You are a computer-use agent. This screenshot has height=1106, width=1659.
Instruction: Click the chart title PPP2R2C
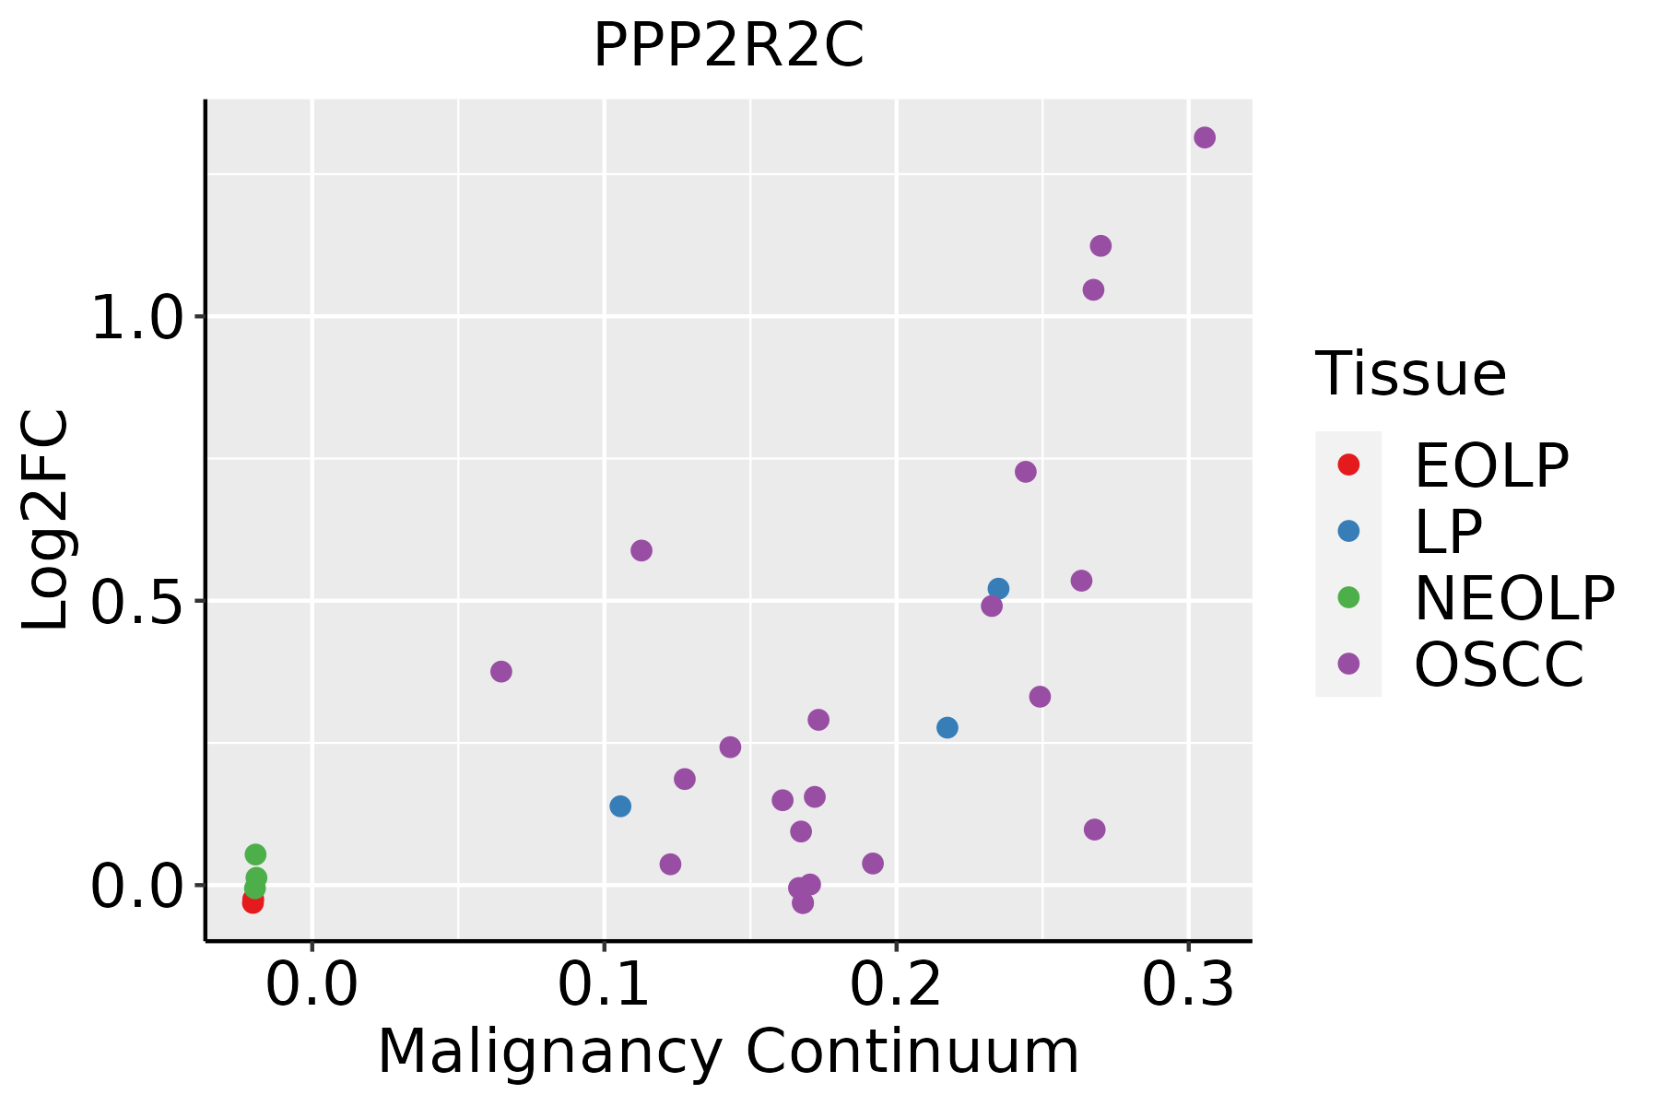tap(728, 45)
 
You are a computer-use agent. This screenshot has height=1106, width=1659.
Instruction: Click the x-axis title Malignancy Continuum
tap(728, 1053)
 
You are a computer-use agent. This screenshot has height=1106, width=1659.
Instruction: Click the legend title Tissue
tap(1411, 374)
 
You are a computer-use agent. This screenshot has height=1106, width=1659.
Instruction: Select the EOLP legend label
tap(1491, 465)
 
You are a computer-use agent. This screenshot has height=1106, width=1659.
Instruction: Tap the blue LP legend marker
tap(1348, 531)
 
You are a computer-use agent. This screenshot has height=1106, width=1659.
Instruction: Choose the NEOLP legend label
tap(1514, 598)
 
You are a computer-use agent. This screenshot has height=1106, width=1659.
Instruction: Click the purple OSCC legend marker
tap(1348, 664)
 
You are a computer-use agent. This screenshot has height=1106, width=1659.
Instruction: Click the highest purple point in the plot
tap(1205, 137)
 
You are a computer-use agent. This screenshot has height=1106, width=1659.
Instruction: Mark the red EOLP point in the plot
tap(253, 901)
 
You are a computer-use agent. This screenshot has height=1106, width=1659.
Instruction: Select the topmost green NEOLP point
tap(255, 854)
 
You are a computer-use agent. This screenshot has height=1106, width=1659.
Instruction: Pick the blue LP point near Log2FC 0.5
tap(998, 588)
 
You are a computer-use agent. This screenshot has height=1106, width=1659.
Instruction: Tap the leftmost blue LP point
tap(620, 806)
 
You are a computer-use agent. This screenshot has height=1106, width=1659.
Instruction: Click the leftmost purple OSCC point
tap(501, 671)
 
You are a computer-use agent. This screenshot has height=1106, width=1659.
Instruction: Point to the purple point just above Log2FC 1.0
tap(1093, 290)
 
